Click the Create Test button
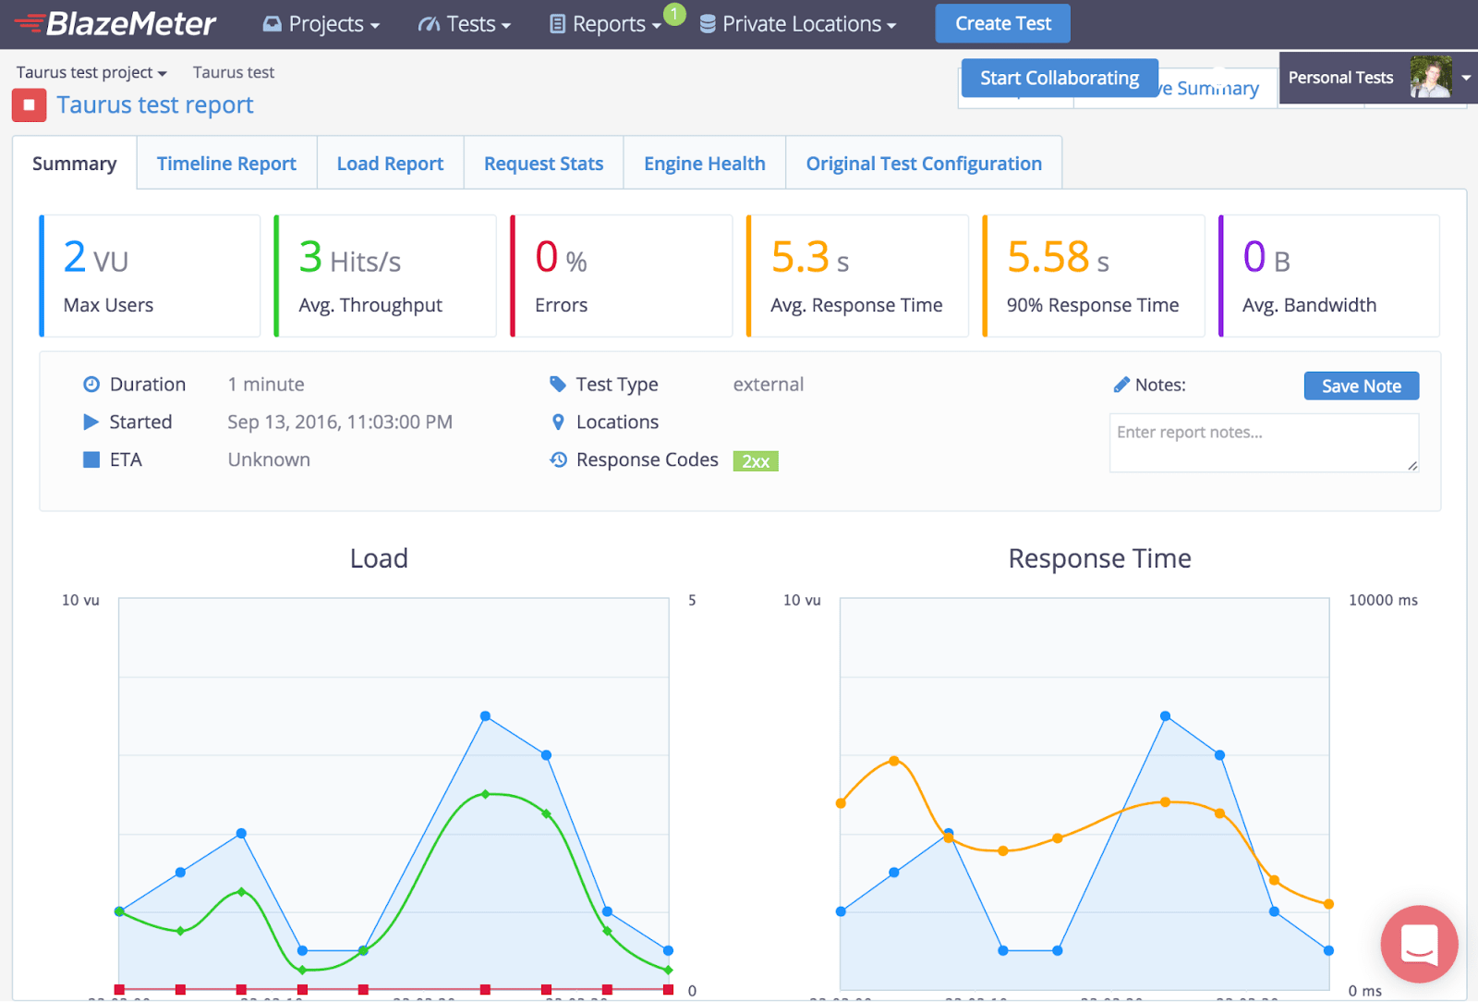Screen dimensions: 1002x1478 [x=1002, y=24]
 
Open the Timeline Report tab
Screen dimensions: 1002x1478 [x=226, y=164]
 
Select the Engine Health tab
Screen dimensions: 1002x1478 [x=704, y=164]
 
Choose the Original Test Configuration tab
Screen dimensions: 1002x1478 [x=923, y=164]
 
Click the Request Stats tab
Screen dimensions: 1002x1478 [x=543, y=164]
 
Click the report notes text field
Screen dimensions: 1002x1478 [x=1263, y=443]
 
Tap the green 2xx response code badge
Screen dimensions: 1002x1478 [x=756, y=461]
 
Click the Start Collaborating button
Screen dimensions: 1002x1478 [x=1059, y=79]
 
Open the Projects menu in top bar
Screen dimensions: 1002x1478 [x=321, y=24]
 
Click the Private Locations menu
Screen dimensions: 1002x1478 [x=798, y=24]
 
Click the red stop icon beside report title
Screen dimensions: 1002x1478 [x=29, y=105]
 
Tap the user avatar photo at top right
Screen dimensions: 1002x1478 [x=1430, y=78]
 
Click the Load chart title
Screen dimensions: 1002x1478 [x=379, y=558]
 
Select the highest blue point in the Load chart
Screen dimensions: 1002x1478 [x=485, y=716]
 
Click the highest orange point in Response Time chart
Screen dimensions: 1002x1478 [x=893, y=761]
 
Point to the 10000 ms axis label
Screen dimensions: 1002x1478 [x=1382, y=601]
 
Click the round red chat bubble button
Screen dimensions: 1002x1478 [x=1419, y=944]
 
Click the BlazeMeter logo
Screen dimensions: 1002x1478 [x=116, y=24]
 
